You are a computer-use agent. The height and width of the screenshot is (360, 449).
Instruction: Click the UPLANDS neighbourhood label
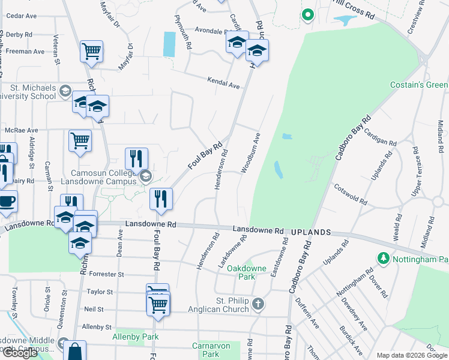312,232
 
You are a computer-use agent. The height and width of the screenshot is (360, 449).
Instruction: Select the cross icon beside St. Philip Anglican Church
258,303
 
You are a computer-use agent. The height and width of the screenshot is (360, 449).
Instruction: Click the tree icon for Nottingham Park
383,259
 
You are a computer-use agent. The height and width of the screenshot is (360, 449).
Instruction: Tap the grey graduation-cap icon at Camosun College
145,176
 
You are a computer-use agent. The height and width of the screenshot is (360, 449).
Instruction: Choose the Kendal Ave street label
223,83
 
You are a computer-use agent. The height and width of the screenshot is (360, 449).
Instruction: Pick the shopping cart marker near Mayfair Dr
91,52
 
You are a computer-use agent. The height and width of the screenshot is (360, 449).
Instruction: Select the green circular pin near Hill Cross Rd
308,14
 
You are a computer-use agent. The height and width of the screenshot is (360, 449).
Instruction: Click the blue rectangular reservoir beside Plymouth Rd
169,44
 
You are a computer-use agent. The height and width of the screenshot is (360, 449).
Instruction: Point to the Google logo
19,353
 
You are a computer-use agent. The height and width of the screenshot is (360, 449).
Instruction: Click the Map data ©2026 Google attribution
412,355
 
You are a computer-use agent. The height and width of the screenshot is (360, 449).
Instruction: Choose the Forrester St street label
106,274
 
